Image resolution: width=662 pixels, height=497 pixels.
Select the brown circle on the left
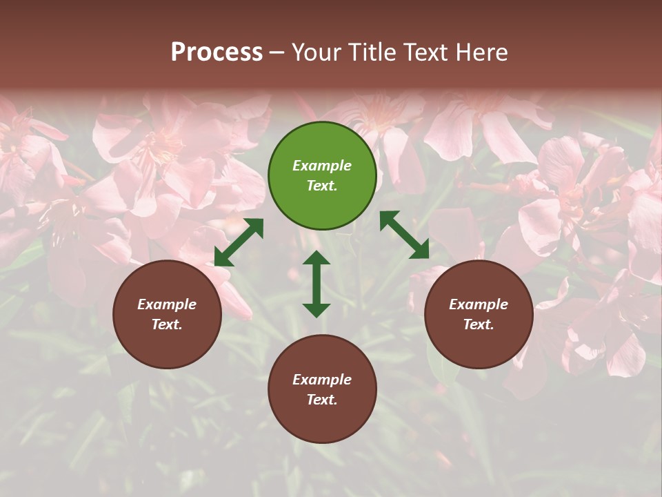point(167,314)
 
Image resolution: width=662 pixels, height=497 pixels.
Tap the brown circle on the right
point(479,314)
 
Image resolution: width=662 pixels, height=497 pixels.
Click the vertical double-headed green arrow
point(317,284)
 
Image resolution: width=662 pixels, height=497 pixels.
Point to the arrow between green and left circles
point(239,242)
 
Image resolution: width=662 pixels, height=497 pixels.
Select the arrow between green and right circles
point(404,235)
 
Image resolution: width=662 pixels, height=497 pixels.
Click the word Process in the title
point(217,52)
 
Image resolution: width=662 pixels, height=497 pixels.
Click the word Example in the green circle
point(322,166)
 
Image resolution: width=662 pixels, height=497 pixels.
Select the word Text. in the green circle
point(322,186)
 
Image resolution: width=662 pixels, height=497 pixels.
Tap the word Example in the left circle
point(167,304)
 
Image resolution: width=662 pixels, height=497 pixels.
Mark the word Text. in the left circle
point(167,324)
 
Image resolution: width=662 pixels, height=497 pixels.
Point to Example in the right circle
point(479,304)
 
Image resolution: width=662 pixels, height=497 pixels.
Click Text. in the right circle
point(479,324)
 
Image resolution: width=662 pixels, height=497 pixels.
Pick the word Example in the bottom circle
point(322,380)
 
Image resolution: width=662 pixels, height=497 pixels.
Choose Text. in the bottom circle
point(322,400)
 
